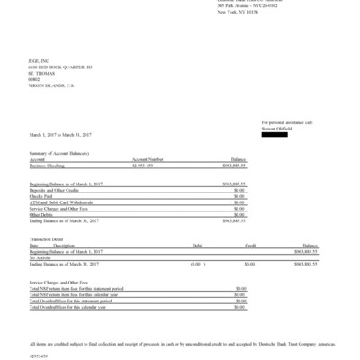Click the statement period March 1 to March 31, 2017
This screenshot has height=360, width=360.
point(60,135)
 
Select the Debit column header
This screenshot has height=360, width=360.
point(198,245)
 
